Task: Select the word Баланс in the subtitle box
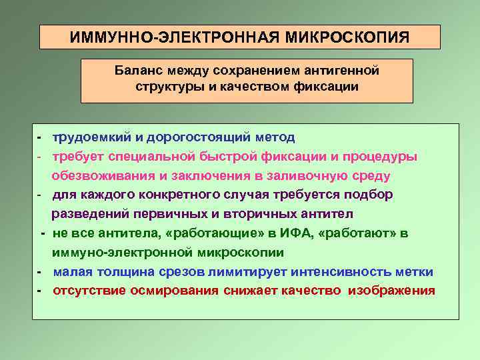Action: pyautogui.click(x=137, y=70)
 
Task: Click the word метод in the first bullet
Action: pyautogui.click(x=274, y=137)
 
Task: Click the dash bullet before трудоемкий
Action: pyautogui.click(x=40, y=137)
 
